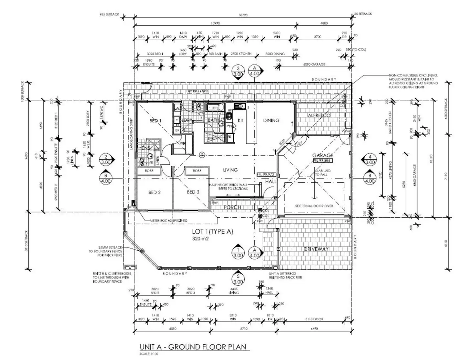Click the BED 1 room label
tap(155, 121)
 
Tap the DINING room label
tap(271, 120)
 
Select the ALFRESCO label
tap(319, 115)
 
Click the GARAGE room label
tap(323, 155)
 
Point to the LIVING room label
tap(230, 170)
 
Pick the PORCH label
tap(232, 207)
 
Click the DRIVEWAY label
tap(316, 249)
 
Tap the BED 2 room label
tap(155, 192)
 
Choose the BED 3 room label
tap(193, 192)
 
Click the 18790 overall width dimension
tap(243, 15)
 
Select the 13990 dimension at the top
tap(215, 23)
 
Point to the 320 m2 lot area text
tap(201, 239)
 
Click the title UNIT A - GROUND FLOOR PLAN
tap(193, 347)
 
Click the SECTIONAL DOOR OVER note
tap(314, 206)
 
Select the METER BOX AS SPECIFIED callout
tap(168, 221)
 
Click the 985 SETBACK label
tap(109, 15)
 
